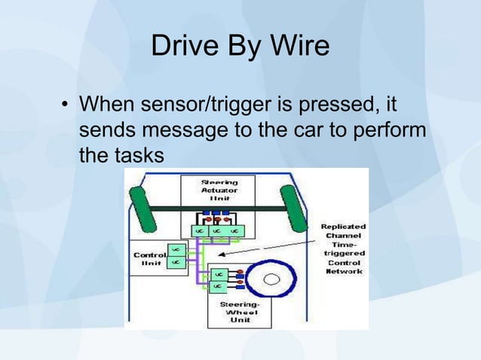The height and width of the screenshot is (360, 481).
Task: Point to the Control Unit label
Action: click(149, 260)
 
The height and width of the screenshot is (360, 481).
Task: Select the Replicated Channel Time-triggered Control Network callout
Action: click(343, 249)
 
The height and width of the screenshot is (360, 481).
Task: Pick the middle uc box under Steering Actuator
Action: click(217, 229)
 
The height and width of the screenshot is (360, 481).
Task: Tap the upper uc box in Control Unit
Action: click(174, 249)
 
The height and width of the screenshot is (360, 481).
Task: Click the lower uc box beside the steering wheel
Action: click(217, 287)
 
